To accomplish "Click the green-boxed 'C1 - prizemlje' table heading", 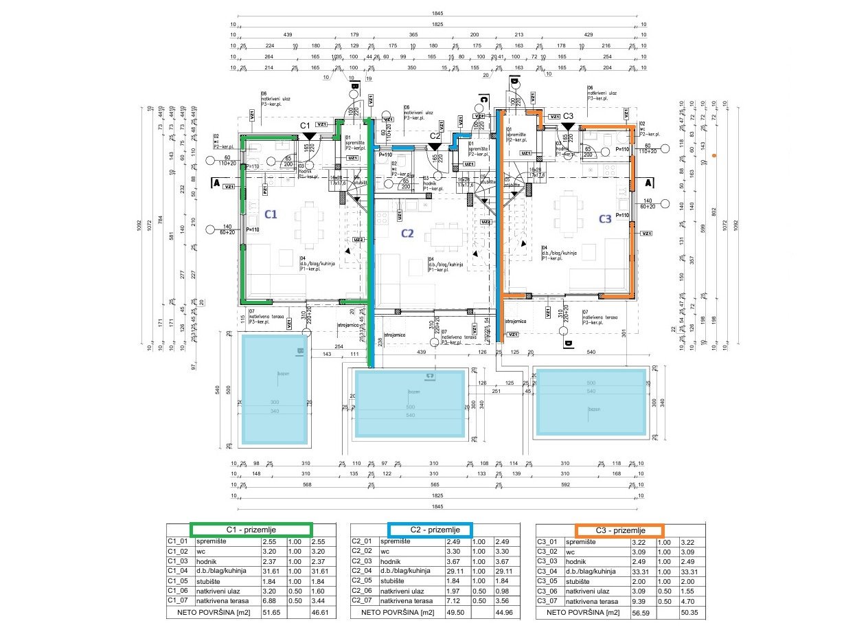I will coord(251,530).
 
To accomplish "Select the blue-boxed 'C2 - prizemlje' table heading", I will coord(430,530).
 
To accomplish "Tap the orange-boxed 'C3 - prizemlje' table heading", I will coord(619,530).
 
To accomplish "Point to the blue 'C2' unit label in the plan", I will coord(407,233).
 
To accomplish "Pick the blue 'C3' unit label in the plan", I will coord(604,219).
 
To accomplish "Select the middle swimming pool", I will coord(411,405).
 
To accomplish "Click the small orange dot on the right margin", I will coord(715,156).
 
